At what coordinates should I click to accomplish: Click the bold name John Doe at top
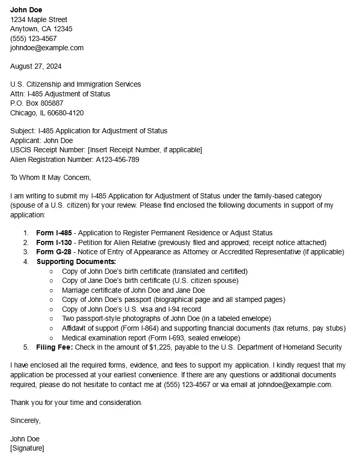(x=26, y=10)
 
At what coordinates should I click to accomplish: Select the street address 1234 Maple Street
(x=39, y=19)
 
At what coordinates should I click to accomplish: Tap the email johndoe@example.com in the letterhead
(x=47, y=48)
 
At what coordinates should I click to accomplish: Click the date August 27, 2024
(x=36, y=66)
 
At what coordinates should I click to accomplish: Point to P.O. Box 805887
(x=37, y=103)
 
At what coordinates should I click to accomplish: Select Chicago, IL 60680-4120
(x=47, y=113)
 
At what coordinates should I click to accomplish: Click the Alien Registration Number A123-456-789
(x=117, y=159)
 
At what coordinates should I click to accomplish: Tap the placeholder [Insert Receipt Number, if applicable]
(x=145, y=150)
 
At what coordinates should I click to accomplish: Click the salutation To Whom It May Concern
(x=51, y=177)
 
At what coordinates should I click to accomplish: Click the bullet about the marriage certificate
(x=133, y=290)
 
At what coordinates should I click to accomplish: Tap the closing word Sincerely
(x=25, y=420)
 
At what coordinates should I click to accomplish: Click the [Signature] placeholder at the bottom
(x=27, y=449)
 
